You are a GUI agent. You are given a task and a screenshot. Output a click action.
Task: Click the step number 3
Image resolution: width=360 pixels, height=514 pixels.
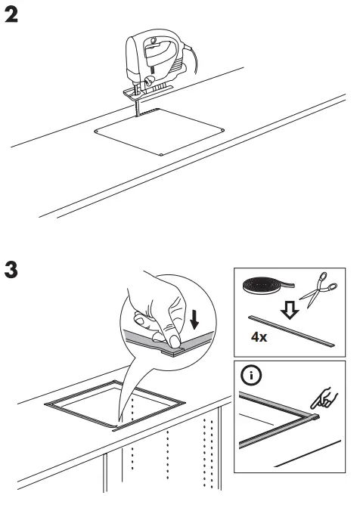[x=13, y=270]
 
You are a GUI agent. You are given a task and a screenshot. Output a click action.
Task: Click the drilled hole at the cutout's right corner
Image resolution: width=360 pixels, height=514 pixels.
[x=222, y=129]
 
